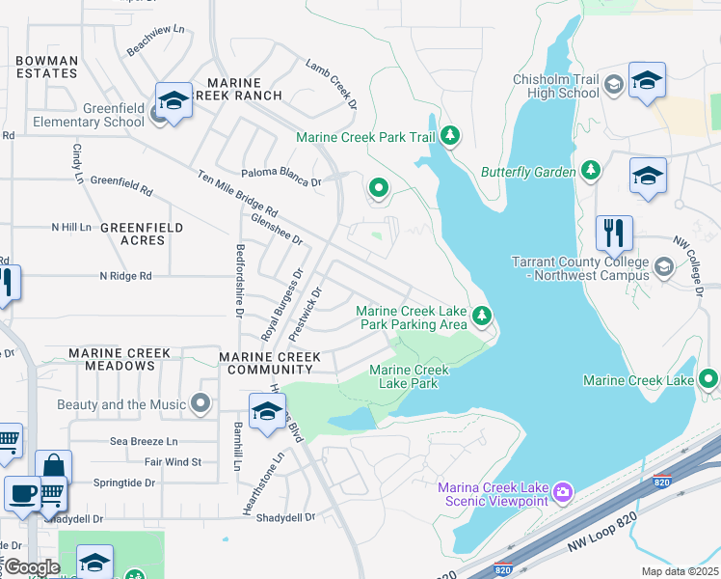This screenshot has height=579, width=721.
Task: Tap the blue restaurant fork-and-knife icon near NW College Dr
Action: [x=614, y=234]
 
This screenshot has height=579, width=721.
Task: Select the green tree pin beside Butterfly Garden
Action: [x=591, y=171]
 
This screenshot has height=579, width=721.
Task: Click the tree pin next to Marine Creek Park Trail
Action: [x=449, y=137]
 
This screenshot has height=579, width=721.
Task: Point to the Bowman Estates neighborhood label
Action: [x=46, y=67]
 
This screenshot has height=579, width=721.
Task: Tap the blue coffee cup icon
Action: [x=22, y=492]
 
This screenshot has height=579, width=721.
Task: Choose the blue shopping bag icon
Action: [x=53, y=468]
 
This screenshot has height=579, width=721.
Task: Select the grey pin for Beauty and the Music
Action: [x=201, y=402]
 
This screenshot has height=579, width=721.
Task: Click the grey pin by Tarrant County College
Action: [x=663, y=265]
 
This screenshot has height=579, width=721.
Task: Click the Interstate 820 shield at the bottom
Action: [x=502, y=569]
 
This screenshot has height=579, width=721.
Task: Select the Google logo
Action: [x=32, y=567]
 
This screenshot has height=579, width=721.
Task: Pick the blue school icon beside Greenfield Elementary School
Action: [x=174, y=100]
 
